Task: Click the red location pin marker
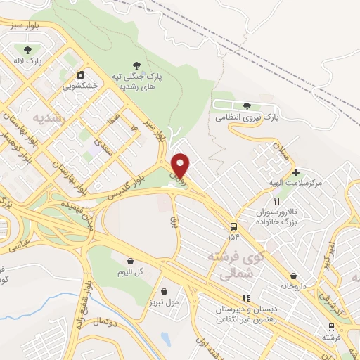[x=181, y=165]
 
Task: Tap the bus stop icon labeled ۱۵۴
[x=233, y=226]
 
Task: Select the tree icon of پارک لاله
[x=28, y=49]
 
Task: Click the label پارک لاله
[x=30, y=61]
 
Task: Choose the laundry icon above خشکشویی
[x=80, y=74]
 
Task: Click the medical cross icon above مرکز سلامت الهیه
[x=295, y=172]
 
